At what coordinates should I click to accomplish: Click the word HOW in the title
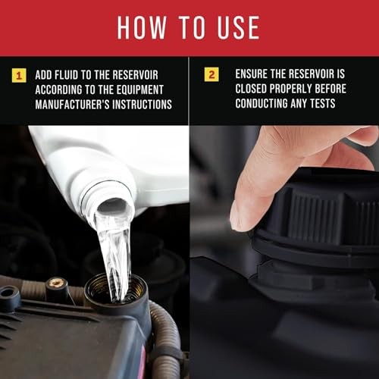coord(142,27)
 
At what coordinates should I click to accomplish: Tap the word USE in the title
coord(238,27)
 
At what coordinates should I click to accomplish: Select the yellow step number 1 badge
coord(19,75)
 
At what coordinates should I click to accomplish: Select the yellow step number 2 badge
coord(211,74)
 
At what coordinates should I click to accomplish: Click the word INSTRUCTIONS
coord(142,105)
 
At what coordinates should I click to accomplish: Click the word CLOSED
coord(251,89)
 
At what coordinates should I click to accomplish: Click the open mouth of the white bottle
coord(113,206)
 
